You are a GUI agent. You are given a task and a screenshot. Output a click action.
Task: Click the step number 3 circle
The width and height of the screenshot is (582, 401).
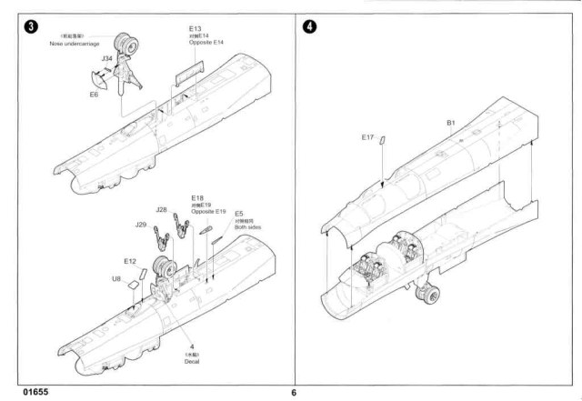[33, 26]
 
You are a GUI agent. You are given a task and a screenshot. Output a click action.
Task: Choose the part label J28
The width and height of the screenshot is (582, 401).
[161, 210]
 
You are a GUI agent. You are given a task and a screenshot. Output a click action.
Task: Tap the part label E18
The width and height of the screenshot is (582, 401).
[197, 197]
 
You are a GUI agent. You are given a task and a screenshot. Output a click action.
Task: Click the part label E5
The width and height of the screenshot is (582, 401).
[239, 213]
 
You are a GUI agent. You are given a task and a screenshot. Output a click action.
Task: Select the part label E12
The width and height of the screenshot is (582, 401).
[130, 261]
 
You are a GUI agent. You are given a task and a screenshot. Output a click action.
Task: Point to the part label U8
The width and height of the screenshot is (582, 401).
[116, 278]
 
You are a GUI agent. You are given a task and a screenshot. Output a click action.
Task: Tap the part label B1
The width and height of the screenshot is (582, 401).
[450, 123]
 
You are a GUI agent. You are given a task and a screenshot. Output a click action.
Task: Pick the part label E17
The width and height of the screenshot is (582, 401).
[367, 137]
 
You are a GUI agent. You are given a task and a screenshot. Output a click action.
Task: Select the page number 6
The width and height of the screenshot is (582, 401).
[294, 393]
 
